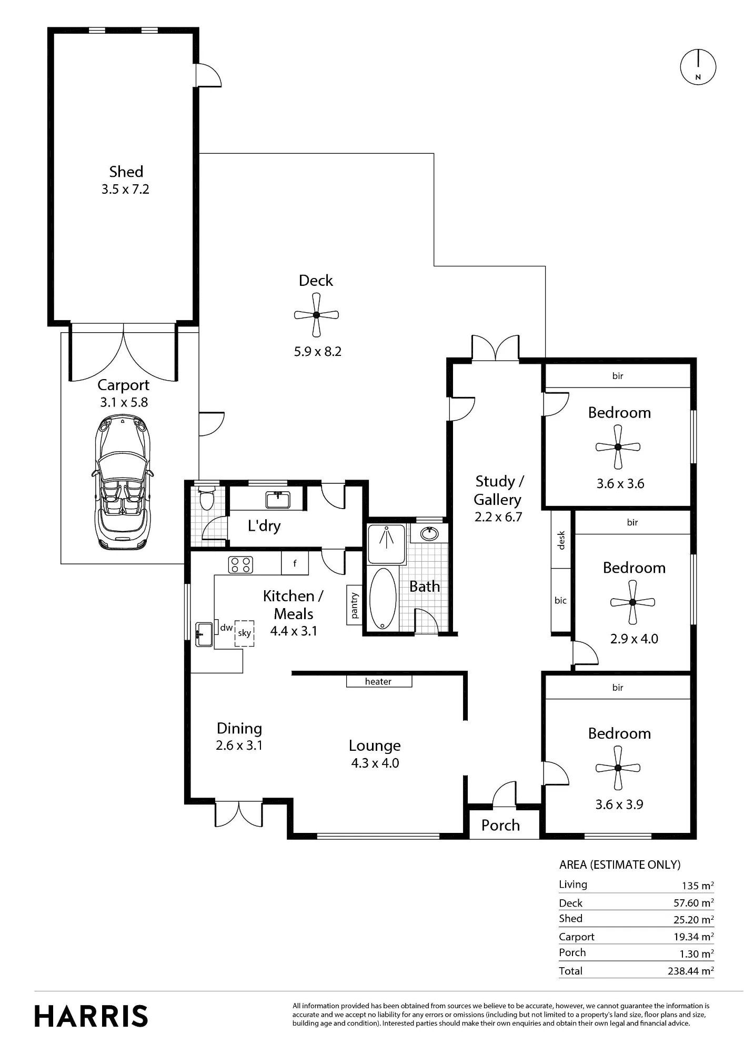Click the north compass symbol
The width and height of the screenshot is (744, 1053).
click(x=698, y=67)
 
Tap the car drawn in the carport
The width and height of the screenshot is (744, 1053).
click(x=123, y=482)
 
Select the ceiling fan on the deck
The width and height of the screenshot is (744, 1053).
click(x=316, y=315)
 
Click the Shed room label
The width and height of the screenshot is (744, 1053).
click(x=126, y=172)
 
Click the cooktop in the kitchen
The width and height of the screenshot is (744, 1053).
click(x=240, y=564)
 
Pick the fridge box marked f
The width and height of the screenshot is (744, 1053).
click(x=295, y=563)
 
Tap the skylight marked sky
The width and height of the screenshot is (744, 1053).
click(x=244, y=633)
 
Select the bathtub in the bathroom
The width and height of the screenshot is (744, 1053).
click(x=383, y=598)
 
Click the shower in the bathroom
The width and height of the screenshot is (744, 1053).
click(x=386, y=544)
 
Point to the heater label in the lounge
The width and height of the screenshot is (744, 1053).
click(x=378, y=682)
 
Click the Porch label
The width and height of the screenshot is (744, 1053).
click(x=500, y=826)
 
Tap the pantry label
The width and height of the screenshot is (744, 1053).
click(x=354, y=605)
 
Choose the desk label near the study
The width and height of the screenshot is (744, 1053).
click(x=561, y=540)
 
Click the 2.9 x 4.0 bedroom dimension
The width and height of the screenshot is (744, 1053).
click(x=634, y=639)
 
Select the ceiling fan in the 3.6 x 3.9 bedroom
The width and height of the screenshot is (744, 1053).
click(x=618, y=768)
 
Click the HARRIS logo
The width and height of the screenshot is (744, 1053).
click(x=92, y=1016)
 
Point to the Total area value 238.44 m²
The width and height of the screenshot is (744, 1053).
click(x=691, y=971)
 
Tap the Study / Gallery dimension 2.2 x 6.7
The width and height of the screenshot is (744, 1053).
click(x=498, y=517)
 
